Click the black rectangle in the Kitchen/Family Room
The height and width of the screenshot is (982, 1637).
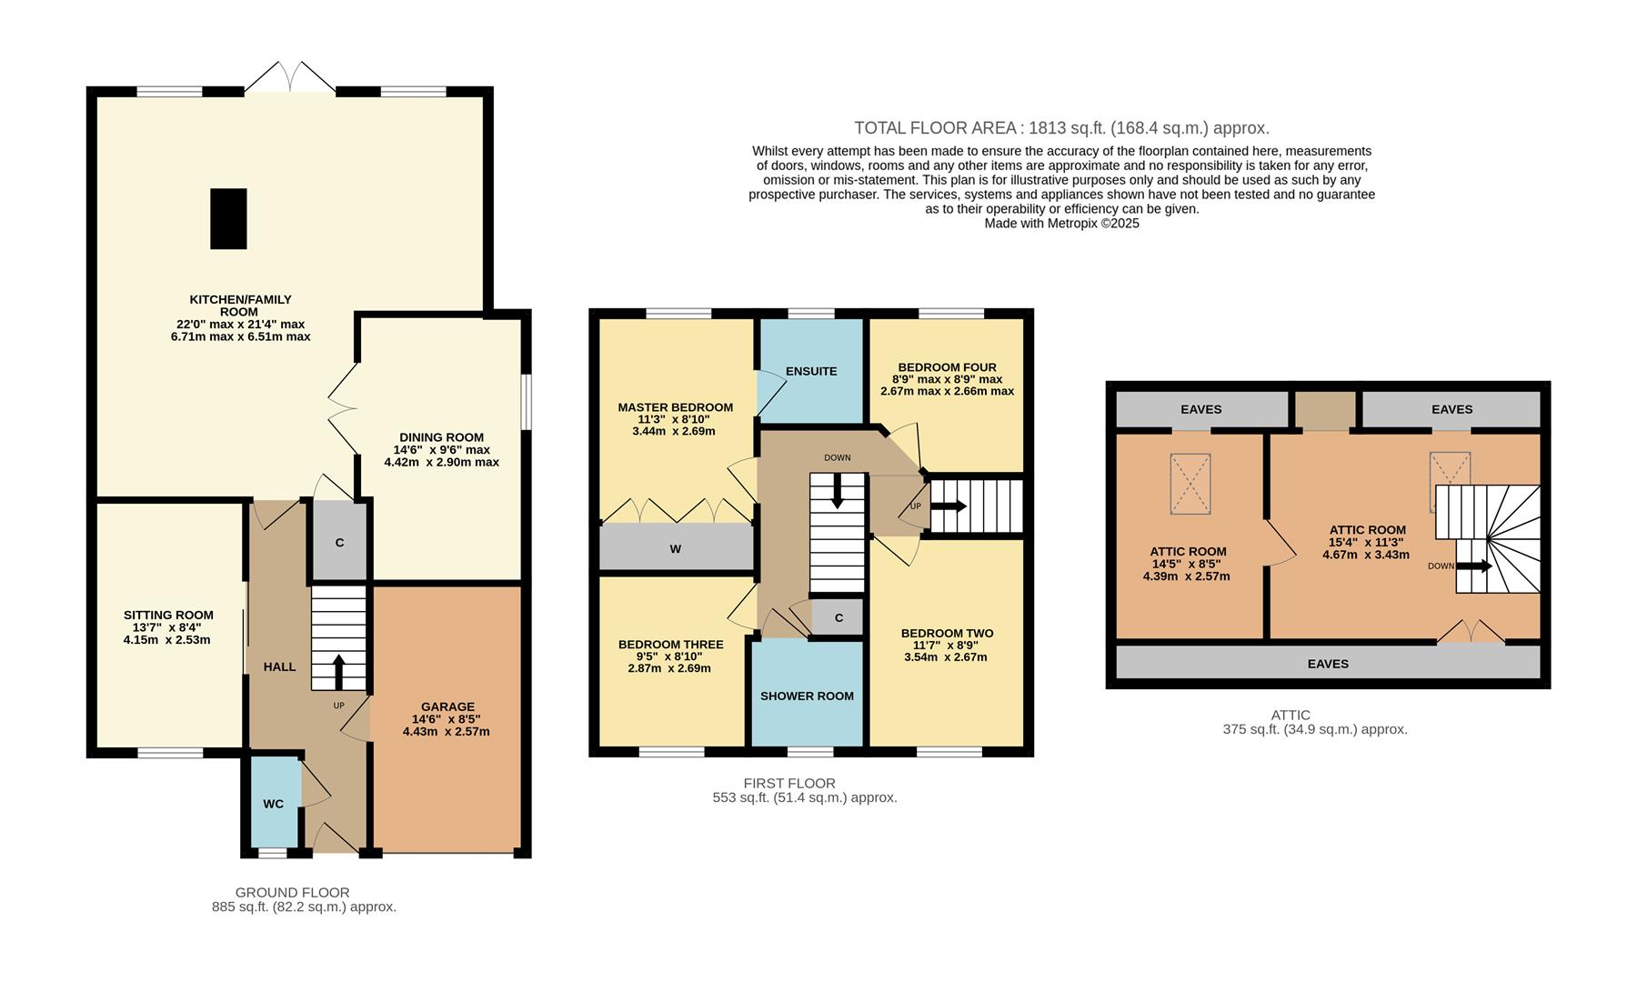click(x=228, y=219)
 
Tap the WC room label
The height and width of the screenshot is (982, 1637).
click(x=274, y=804)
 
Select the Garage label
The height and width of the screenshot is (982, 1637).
click(x=447, y=706)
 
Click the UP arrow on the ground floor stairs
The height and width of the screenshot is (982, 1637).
click(x=338, y=672)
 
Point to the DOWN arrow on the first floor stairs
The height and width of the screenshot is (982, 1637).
click(x=837, y=491)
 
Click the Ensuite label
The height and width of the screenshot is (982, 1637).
click(x=811, y=371)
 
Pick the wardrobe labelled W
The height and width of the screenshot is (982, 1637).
click(x=676, y=548)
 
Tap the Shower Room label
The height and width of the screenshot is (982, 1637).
click(x=807, y=696)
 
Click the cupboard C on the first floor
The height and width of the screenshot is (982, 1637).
click(x=839, y=618)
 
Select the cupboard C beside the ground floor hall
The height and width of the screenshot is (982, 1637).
click(x=339, y=542)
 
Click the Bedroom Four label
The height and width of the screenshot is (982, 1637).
click(x=947, y=367)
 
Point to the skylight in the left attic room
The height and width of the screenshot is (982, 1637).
click(x=1190, y=484)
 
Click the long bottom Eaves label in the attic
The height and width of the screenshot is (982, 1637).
click(x=1328, y=664)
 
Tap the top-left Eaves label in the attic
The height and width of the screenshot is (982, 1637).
click(x=1201, y=409)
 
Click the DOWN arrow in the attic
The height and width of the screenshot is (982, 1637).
click(x=1475, y=566)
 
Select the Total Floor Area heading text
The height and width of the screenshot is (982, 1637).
click(x=1061, y=128)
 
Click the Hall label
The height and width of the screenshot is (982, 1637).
click(x=279, y=666)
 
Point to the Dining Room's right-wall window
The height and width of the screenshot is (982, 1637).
click(x=527, y=401)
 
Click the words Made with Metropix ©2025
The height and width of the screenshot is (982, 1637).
click(x=1061, y=223)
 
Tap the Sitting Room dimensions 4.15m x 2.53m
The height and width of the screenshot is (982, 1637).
click(x=166, y=639)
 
